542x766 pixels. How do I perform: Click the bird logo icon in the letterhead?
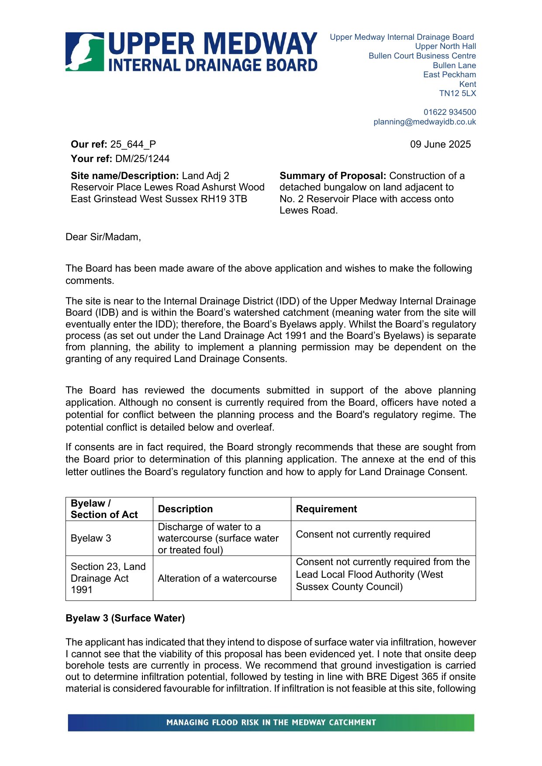point(85,52)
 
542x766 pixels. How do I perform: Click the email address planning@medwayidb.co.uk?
point(425,122)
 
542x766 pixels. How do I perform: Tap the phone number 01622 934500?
point(449,112)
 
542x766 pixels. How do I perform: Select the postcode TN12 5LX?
point(457,93)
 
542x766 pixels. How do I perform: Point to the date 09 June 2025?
point(440,145)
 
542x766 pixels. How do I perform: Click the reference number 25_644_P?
point(133,145)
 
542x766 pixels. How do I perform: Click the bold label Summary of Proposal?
point(333,176)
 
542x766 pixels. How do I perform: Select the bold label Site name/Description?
point(125,176)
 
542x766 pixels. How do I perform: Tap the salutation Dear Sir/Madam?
point(103,237)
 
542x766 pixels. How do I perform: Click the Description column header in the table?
point(185,509)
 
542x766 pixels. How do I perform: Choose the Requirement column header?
point(326,509)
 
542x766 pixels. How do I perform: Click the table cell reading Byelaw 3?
point(91,538)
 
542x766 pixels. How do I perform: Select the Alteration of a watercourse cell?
point(217,579)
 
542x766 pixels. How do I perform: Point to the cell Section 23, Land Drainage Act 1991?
point(108,578)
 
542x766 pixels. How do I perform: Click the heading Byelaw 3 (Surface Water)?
point(125,618)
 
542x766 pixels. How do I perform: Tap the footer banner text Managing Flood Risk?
point(271,723)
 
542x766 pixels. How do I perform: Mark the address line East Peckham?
point(449,75)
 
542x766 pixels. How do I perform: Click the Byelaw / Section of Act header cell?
point(104,509)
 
